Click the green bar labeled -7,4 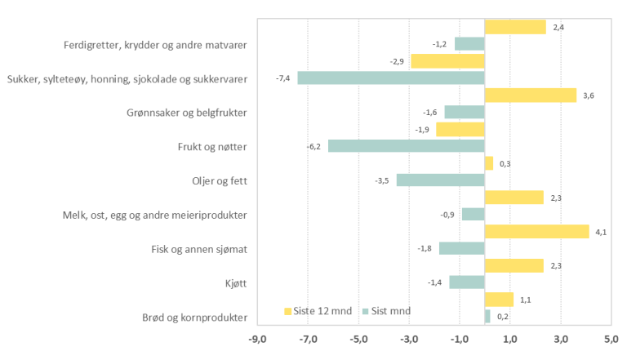(x=390, y=78)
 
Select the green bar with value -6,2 (x=406, y=146)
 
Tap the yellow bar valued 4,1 (x=536, y=232)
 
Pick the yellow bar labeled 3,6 (x=530, y=96)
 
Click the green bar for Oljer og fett (x=440, y=180)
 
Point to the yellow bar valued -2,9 (x=447, y=61)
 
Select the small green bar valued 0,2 (x=487, y=317)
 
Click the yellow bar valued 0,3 (x=488, y=163)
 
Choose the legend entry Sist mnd (x=387, y=310)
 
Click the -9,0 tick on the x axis (x=257, y=339)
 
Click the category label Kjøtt (x=234, y=283)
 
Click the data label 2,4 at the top (x=558, y=28)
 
